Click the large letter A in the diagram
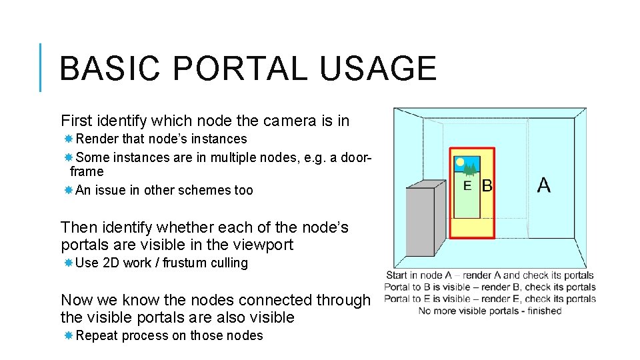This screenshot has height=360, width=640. coord(544,185)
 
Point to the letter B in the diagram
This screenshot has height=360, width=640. coord(487,186)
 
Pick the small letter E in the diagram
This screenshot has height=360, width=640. coord(467,186)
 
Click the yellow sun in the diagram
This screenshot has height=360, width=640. coord(459,161)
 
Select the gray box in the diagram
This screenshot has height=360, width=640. coord(420,221)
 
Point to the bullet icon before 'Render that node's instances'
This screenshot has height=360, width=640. coord(68,139)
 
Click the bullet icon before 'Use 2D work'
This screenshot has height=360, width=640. coord(68,263)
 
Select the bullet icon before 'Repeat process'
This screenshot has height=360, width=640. coord(68,335)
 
